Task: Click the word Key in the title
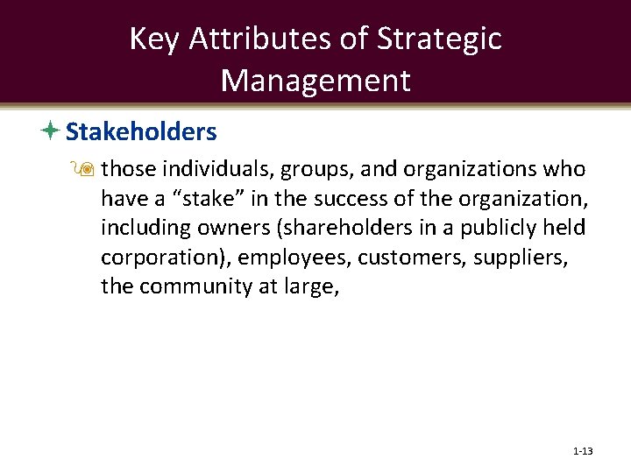pyautogui.click(x=153, y=39)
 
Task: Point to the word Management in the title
pyautogui.click(x=315, y=80)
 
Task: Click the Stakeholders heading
pyautogui.click(x=141, y=132)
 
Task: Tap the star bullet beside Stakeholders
pyautogui.click(x=51, y=132)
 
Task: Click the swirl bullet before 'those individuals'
pyautogui.click(x=89, y=170)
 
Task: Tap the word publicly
pyautogui.click(x=491, y=228)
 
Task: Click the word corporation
pyautogui.click(x=160, y=257)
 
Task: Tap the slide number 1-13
pyautogui.click(x=583, y=451)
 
